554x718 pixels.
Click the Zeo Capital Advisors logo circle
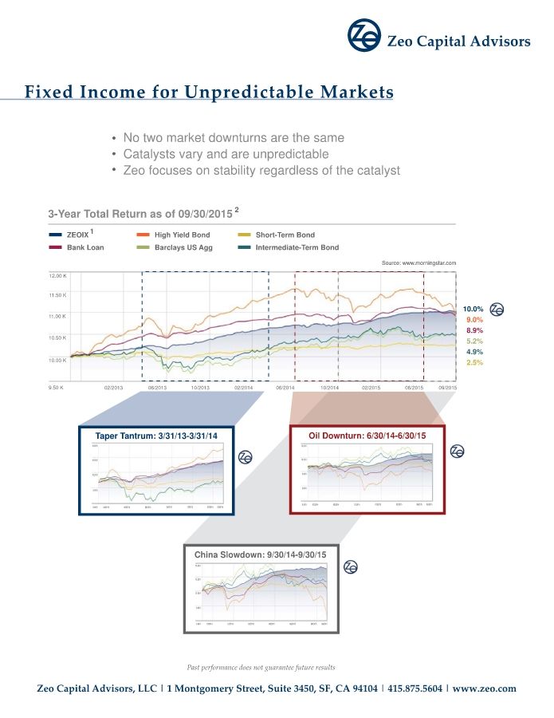click(x=363, y=35)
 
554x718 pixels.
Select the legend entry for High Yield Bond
click(x=183, y=235)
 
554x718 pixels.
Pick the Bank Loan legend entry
click(x=85, y=247)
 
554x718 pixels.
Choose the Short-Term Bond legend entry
click(x=285, y=235)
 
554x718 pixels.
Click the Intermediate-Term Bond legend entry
click(x=297, y=247)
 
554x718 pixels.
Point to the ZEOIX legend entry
click(x=77, y=235)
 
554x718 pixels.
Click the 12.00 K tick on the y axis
click(x=58, y=276)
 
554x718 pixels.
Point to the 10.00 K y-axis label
click(x=58, y=361)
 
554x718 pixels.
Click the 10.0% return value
click(x=473, y=309)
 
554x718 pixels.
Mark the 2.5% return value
click(x=473, y=362)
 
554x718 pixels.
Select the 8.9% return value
click(x=474, y=330)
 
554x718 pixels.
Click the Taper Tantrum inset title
click(x=156, y=435)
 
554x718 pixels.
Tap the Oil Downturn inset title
click(x=363, y=435)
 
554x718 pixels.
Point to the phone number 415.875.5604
click(x=414, y=688)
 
